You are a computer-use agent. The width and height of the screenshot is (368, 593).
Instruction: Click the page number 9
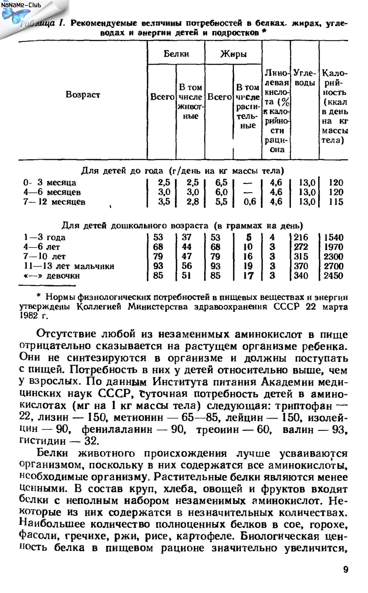coord(345,570)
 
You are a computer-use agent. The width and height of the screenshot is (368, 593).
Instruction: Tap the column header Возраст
coord(82,94)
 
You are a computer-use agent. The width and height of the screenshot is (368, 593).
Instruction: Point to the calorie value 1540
coord(333,238)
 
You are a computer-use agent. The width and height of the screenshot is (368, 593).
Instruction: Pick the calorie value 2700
coord(333,266)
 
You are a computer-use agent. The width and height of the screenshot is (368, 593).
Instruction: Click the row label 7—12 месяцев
coord(54,202)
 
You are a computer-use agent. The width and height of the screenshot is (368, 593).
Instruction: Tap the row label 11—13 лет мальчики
coord(69,266)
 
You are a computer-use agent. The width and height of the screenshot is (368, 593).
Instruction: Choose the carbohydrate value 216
coord(300,238)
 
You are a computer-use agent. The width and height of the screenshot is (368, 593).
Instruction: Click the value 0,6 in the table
coord(250,202)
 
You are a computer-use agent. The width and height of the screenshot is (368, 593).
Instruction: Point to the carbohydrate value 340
coord(300,276)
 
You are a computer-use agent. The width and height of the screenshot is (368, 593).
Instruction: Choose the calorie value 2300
coord(333,257)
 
